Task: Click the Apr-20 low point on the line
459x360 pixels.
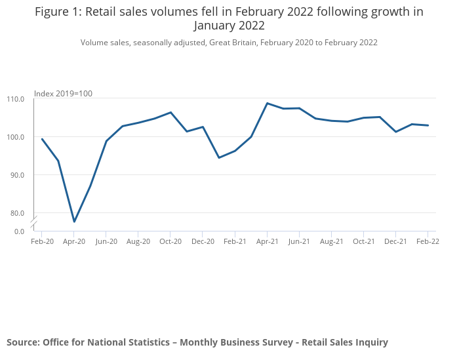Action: (74, 222)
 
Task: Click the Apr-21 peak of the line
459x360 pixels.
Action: (267, 103)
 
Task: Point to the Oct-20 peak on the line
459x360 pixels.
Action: (170, 112)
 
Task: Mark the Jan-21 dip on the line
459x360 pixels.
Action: (219, 157)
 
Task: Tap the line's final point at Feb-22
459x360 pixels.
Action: (428, 125)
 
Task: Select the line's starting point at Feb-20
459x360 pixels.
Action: (42, 139)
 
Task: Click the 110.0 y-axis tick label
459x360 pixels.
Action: (15, 99)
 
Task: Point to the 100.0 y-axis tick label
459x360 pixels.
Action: (15, 137)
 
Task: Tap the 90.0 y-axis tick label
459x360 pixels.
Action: (16, 175)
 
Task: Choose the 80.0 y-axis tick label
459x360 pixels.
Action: (16, 213)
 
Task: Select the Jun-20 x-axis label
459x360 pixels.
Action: (106, 241)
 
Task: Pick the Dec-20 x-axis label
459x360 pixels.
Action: (203, 241)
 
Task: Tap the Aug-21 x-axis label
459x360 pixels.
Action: (331, 241)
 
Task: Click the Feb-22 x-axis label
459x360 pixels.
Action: (428, 241)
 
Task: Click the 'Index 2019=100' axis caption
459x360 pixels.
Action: (63, 94)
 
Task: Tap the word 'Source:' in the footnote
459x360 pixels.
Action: (23, 342)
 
